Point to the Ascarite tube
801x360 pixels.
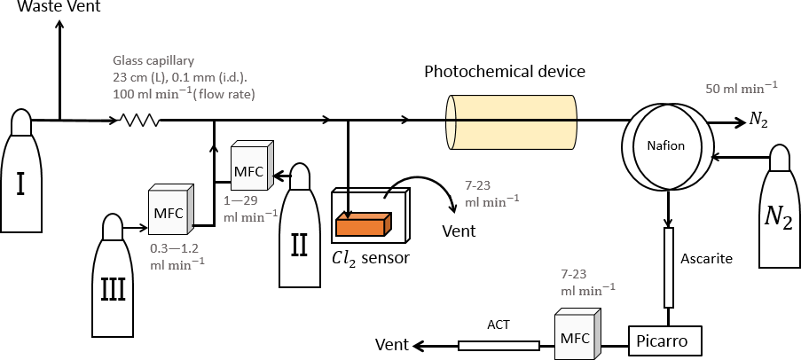[668, 266]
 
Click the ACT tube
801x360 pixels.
[499, 345]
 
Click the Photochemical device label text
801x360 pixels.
[505, 70]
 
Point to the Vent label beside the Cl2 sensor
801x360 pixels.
[459, 231]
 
